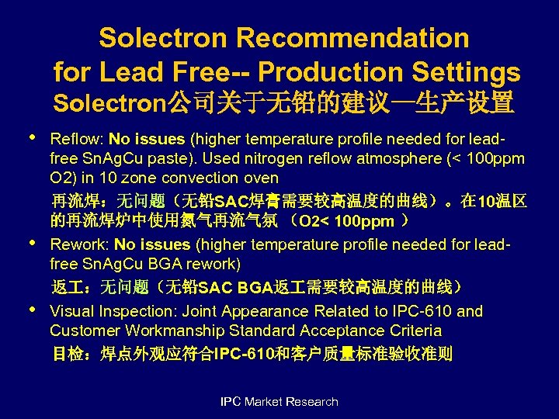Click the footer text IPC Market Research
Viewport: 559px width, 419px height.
(x=279, y=402)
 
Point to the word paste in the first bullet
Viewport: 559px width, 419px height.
(x=144, y=159)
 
